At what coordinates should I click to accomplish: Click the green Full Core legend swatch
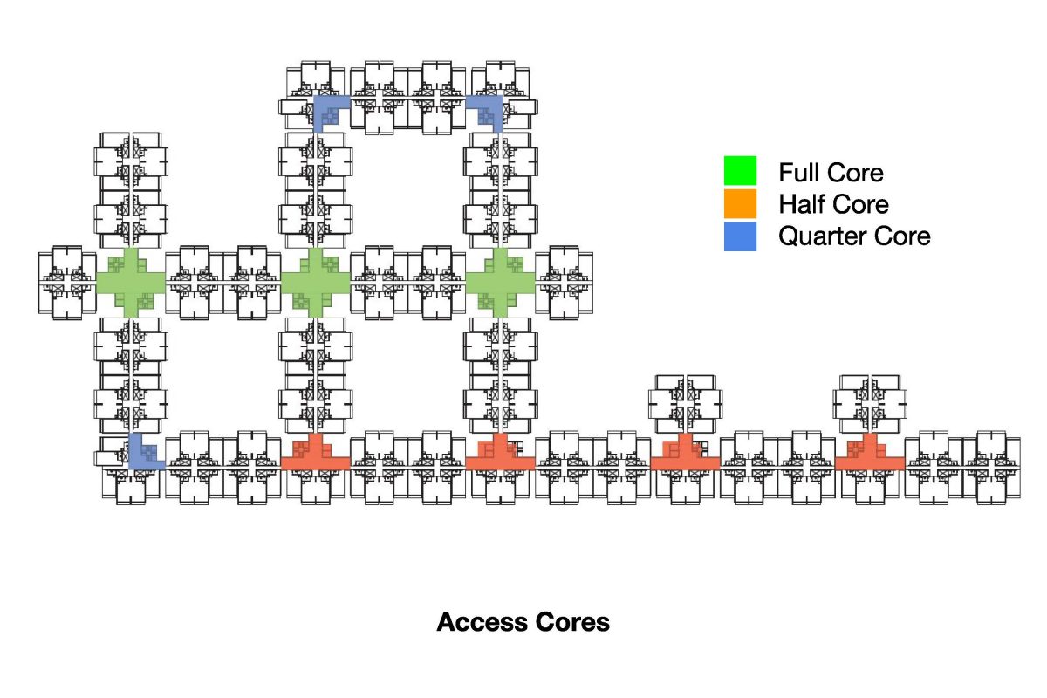740,171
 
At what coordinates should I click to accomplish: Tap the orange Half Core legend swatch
740,204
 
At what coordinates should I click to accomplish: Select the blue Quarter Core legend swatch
740,236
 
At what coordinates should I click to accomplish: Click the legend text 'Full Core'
831,172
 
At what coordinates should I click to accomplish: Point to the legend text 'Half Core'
833,204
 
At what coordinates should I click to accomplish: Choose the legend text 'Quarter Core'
854,236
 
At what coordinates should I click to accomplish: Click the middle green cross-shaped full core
315,282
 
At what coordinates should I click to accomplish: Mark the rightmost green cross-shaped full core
500,282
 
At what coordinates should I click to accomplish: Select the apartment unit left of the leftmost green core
67,282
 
